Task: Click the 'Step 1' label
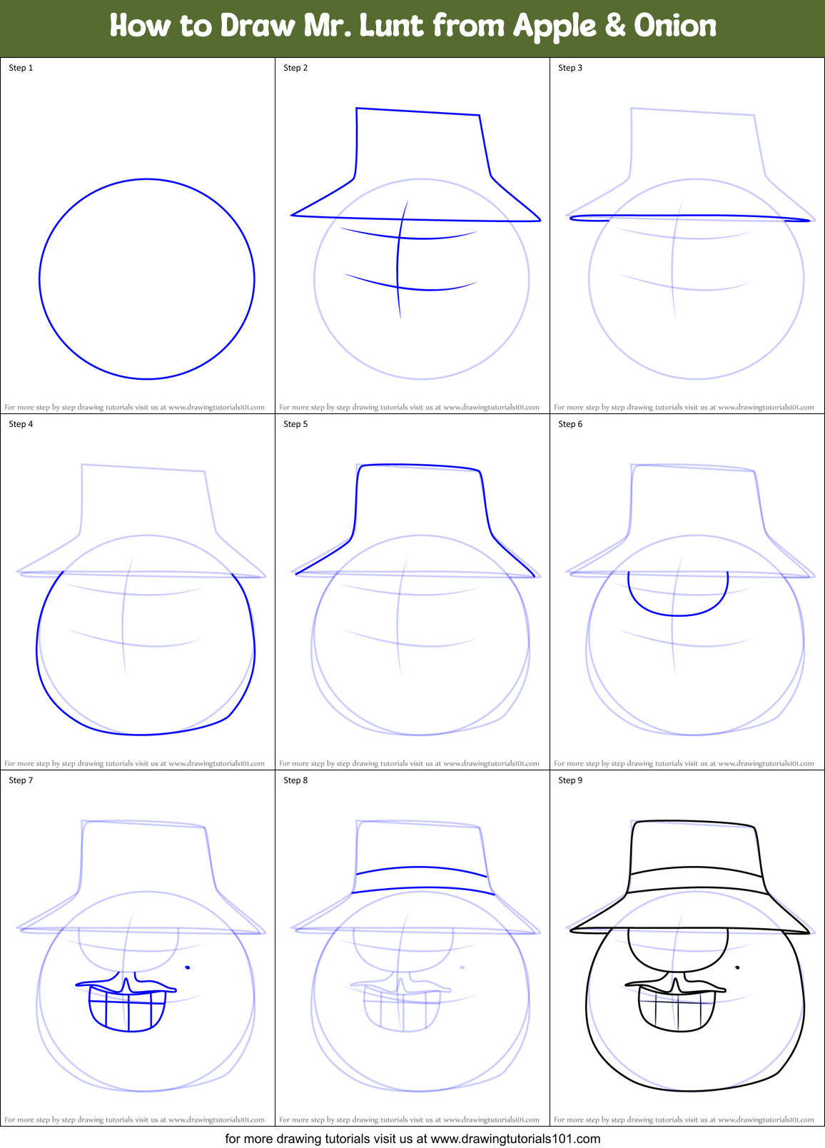[x=21, y=68]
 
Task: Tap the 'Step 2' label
[x=295, y=68]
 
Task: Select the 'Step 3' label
[x=570, y=68]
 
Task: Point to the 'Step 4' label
[x=21, y=424]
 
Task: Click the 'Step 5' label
[x=295, y=424]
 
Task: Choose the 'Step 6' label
[x=570, y=424]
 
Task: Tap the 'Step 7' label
[x=21, y=780]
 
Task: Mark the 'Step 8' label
[x=295, y=780]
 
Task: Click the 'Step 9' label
[x=570, y=780]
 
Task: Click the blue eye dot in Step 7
[x=188, y=967]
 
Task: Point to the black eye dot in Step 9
[x=737, y=967]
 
